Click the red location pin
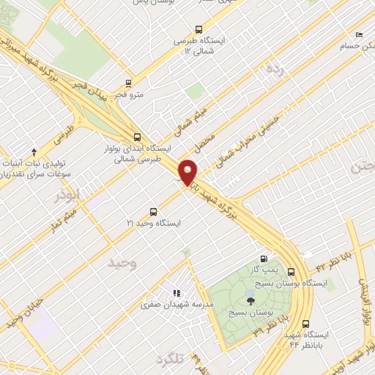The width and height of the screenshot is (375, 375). pyautogui.click(x=189, y=171)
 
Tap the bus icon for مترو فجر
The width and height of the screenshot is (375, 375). pyautogui.click(x=129, y=83)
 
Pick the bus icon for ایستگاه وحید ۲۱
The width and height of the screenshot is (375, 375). pyautogui.click(x=153, y=209)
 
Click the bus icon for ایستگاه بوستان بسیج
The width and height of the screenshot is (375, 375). pyautogui.click(x=291, y=270)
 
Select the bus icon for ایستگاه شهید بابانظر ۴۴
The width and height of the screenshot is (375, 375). pyautogui.click(x=305, y=323)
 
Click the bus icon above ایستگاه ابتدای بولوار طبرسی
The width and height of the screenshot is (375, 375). pyautogui.click(x=138, y=136)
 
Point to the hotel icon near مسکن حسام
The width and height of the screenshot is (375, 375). pyautogui.click(x=358, y=34)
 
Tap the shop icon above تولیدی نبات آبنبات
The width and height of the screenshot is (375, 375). pyautogui.click(x=32, y=150)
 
